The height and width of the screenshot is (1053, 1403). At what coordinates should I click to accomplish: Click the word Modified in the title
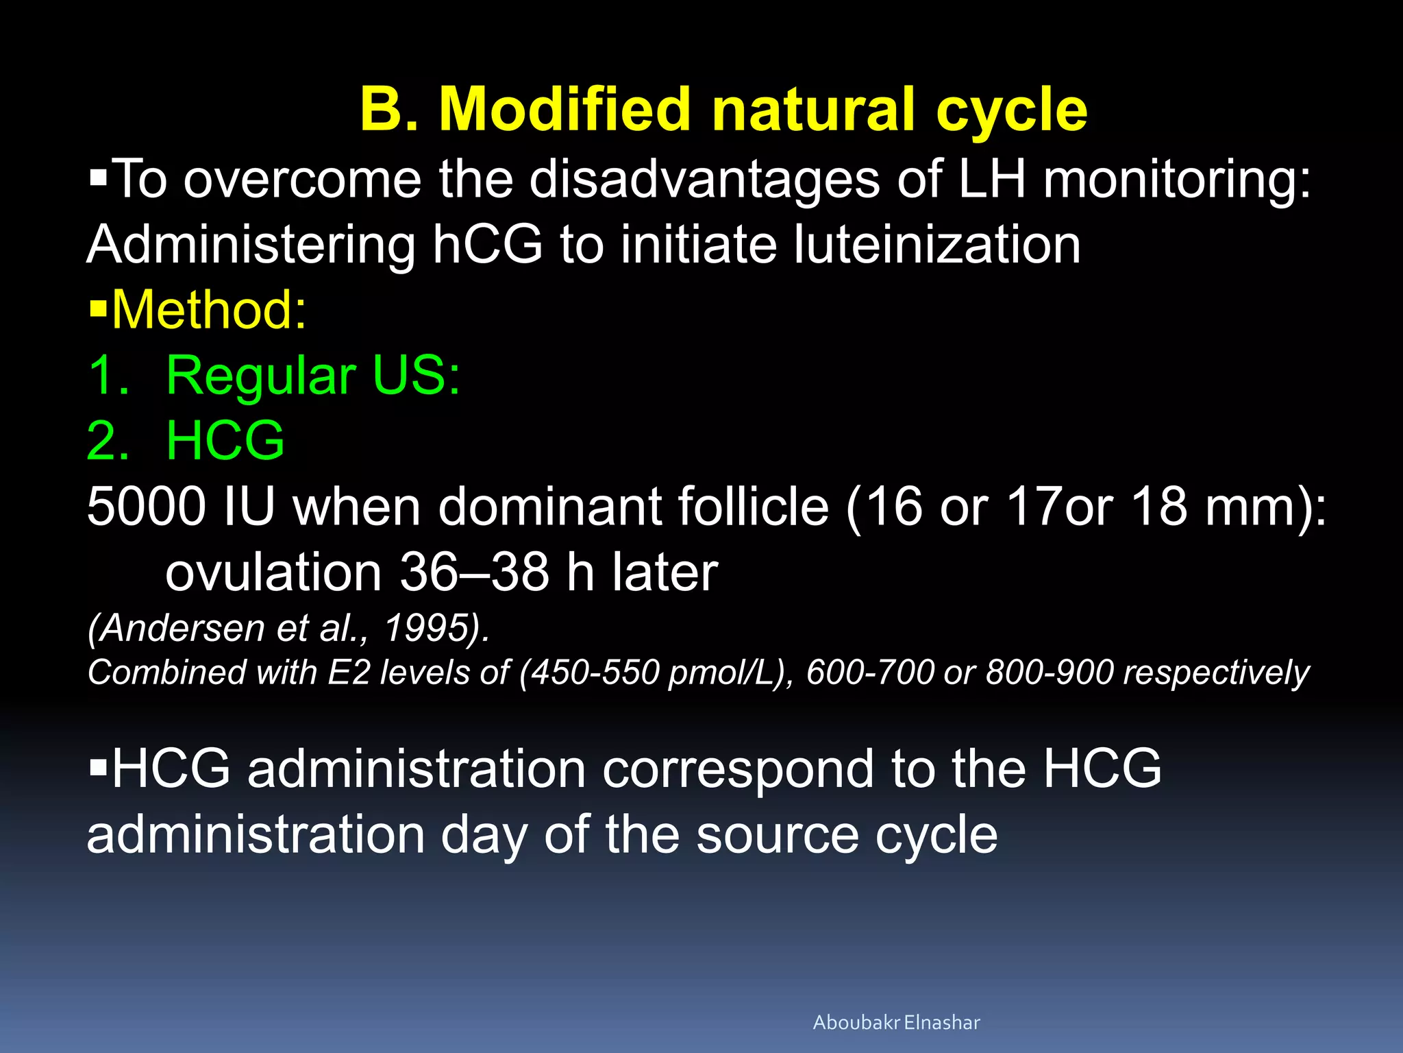coord(564,110)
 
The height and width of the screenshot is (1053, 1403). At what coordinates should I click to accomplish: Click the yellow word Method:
coord(209,311)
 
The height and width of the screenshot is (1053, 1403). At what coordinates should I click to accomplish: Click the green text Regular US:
coord(313,376)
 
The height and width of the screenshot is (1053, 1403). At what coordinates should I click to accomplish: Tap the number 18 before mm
coord(1158,507)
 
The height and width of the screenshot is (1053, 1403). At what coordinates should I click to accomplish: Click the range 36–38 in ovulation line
coord(474,572)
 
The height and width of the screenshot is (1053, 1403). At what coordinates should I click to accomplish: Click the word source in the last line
coord(777,834)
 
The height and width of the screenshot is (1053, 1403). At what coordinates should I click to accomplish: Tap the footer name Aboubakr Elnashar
coord(896,1023)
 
